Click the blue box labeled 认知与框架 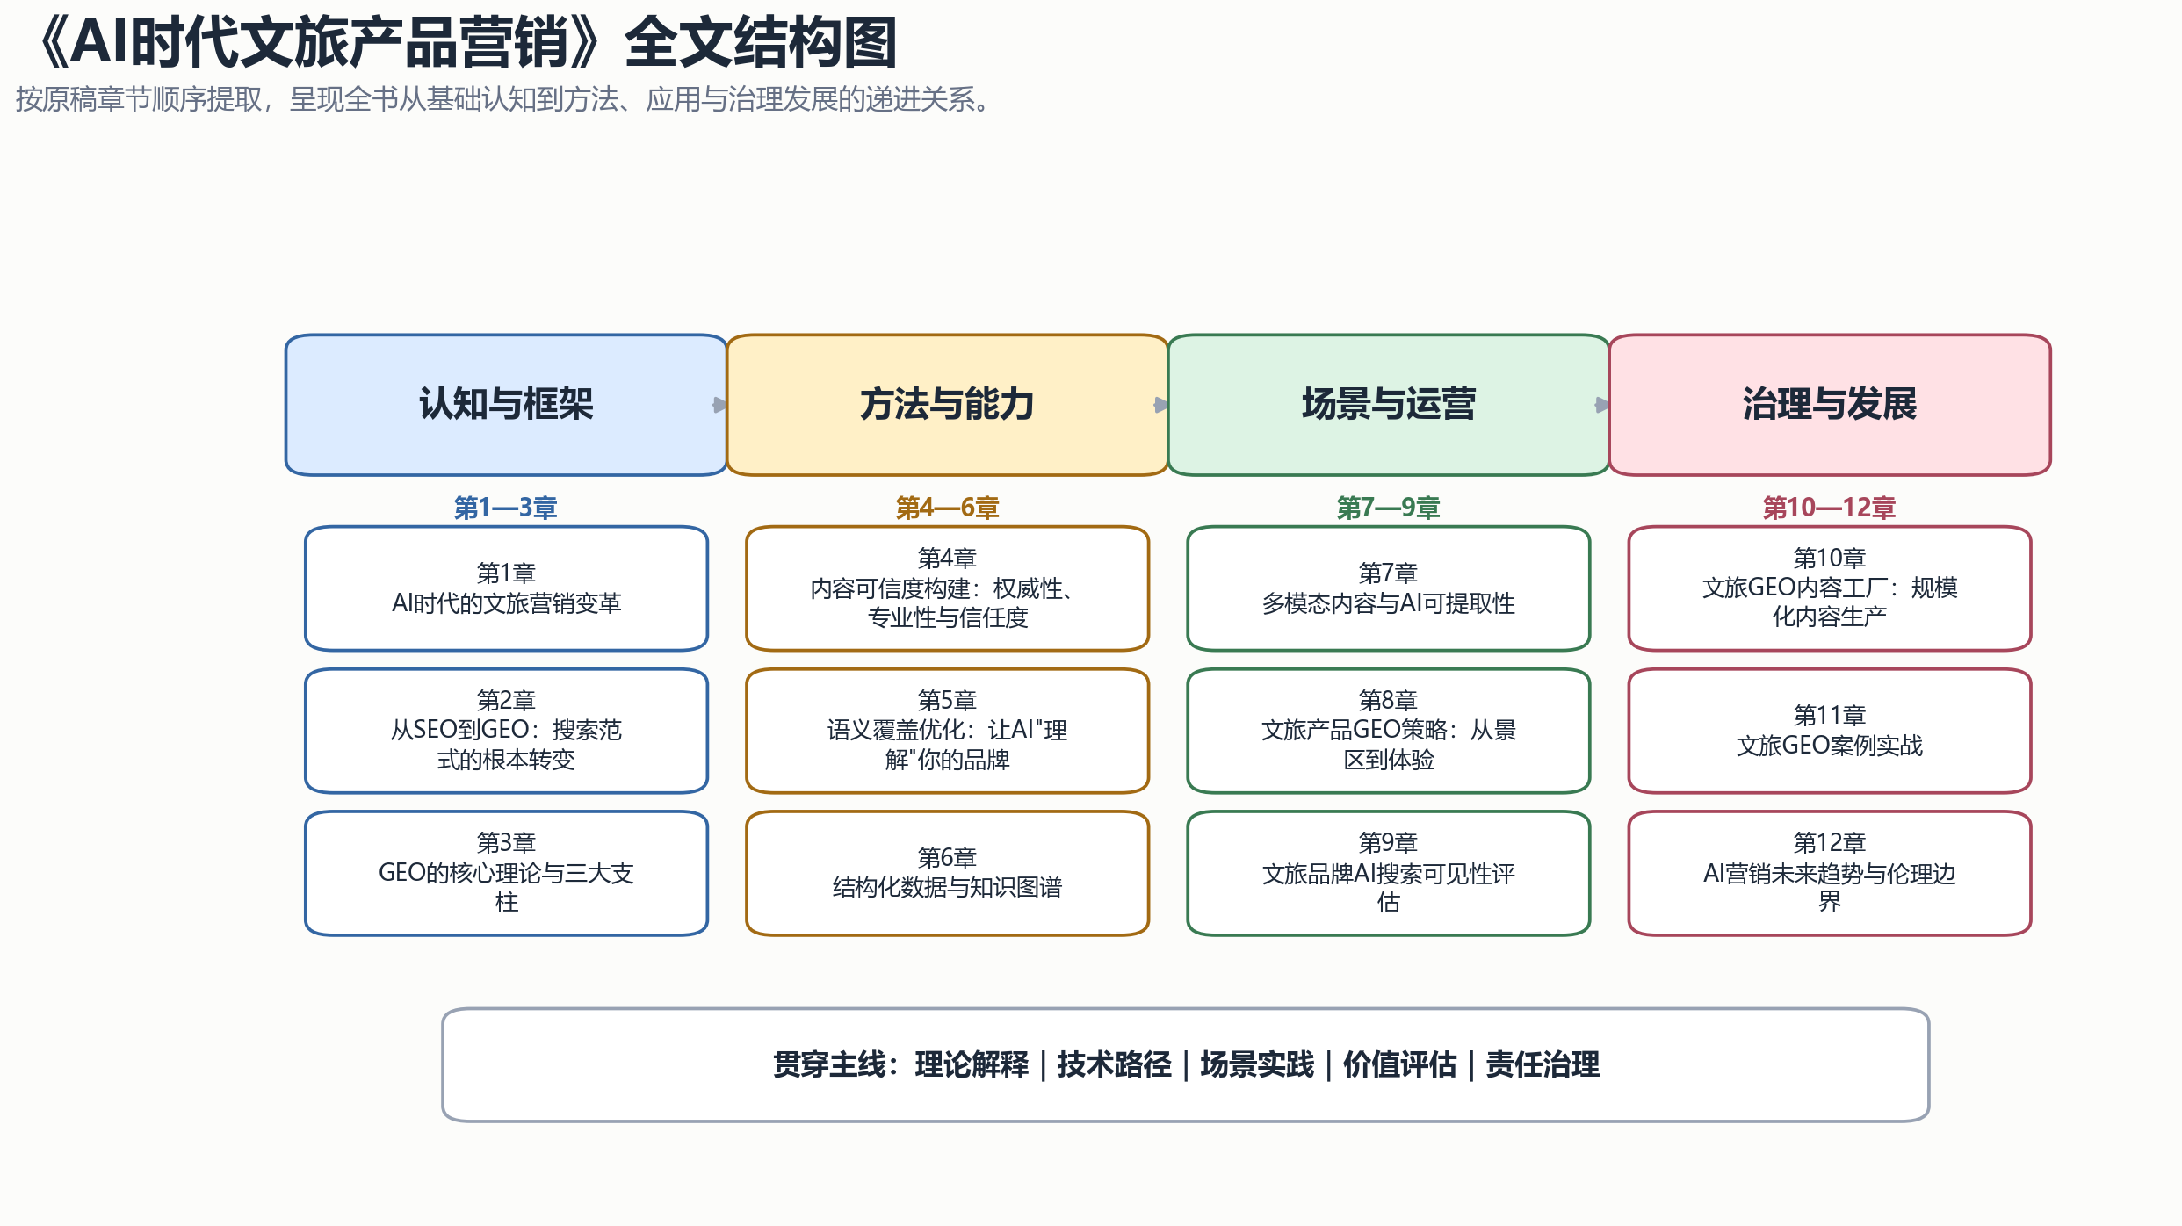point(506,405)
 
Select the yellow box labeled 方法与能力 point(947,405)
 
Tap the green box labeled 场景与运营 point(1388,405)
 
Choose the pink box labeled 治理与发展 point(1830,405)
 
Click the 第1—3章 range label point(506,508)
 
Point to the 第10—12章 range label point(1830,508)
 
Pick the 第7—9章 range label point(1388,508)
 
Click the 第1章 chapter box point(506,588)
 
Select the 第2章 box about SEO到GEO point(506,731)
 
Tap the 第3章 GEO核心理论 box point(506,873)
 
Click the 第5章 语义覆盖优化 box point(947,731)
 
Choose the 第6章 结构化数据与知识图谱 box point(947,873)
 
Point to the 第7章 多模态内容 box point(1388,588)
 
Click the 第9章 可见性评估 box point(1388,873)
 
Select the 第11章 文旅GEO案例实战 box point(1830,731)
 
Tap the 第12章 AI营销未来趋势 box point(1830,873)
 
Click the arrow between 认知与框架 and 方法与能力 point(720,405)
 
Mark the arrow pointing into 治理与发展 point(1602,405)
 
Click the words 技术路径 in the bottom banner point(1114,1064)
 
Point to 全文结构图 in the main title point(761,42)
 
